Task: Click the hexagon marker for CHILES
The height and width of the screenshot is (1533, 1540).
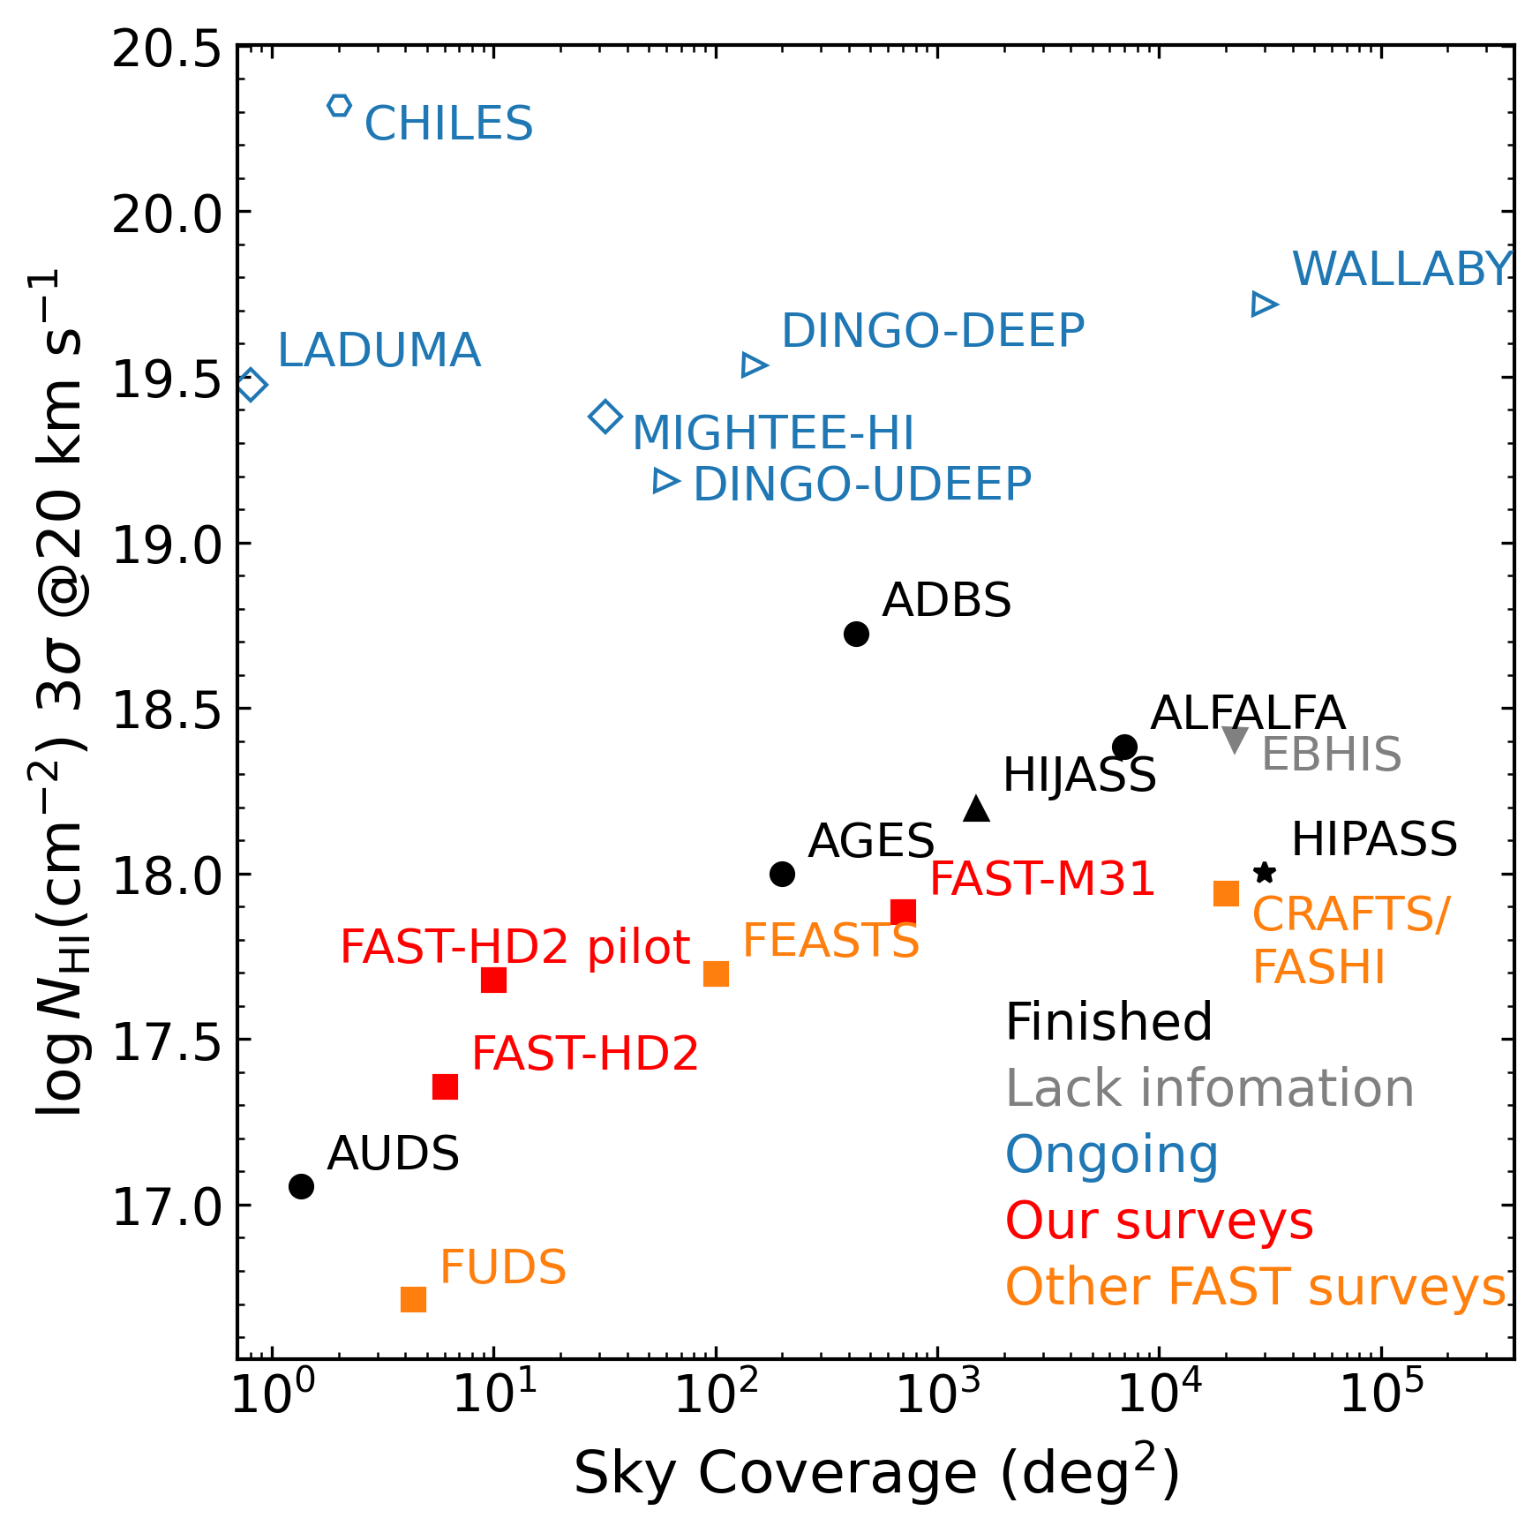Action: [x=339, y=106]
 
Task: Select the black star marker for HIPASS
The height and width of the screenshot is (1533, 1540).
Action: [x=1265, y=873]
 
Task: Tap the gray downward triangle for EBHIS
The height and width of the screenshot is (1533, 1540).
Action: [x=1236, y=740]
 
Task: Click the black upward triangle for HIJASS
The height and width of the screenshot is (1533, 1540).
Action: [x=977, y=808]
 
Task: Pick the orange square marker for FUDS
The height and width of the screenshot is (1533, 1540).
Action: [x=413, y=1299]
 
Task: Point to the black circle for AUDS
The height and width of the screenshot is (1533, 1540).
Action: [x=301, y=1186]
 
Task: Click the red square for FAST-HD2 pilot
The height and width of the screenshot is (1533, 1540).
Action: [x=493, y=980]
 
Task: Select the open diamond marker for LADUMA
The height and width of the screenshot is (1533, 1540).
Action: [x=252, y=385]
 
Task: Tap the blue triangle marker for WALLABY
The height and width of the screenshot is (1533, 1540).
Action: [x=1264, y=304]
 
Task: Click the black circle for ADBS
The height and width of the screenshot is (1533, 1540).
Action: [x=856, y=634]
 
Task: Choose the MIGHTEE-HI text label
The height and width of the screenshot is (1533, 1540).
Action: [x=773, y=433]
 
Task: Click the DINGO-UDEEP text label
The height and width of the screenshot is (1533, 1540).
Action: [x=862, y=485]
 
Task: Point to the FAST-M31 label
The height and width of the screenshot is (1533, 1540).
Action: [x=1042, y=879]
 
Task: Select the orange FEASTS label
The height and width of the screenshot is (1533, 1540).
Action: [x=830, y=941]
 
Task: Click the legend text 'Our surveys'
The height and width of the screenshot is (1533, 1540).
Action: [x=1159, y=1221]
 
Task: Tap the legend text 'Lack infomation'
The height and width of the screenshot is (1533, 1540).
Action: [x=1209, y=1088]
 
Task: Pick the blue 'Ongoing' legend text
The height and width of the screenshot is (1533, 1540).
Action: [x=1112, y=1154]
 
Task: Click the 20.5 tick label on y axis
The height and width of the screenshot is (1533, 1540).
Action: [x=166, y=49]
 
